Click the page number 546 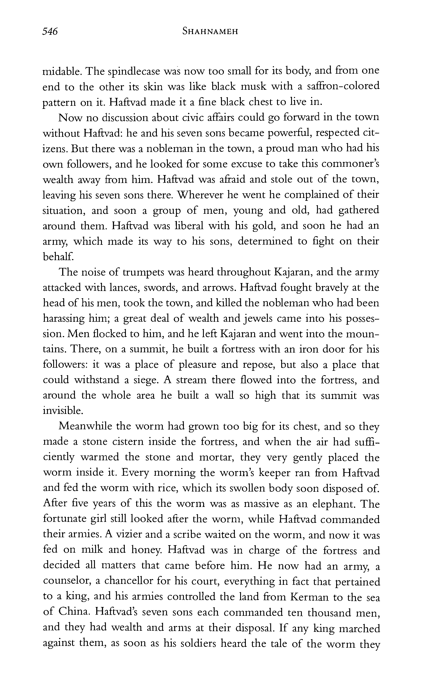tap(50, 31)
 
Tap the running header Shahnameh tap(210, 31)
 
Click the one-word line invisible tap(63, 411)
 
